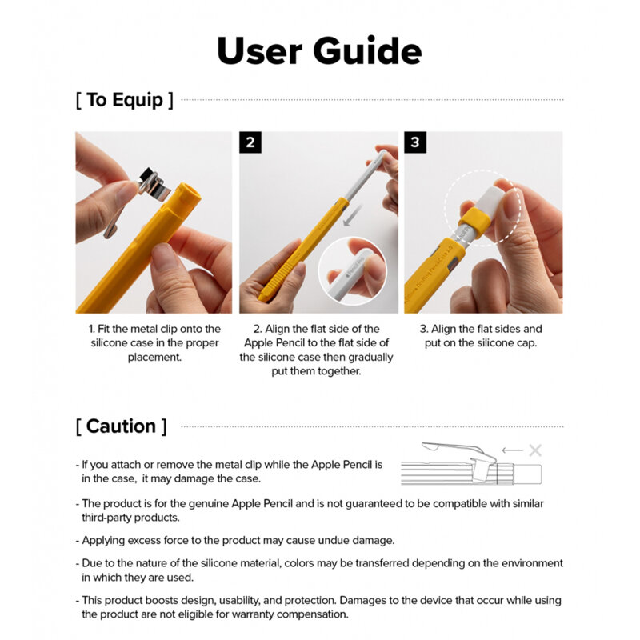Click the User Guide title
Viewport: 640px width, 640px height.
(319, 50)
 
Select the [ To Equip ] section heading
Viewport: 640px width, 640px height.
(124, 100)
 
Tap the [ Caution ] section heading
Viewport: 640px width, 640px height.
(122, 426)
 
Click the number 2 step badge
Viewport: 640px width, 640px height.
(250, 142)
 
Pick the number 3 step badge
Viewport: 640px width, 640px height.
(415, 142)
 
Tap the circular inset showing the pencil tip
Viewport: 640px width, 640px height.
(353, 270)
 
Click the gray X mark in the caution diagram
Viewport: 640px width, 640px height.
(534, 450)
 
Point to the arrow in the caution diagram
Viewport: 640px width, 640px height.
(511, 450)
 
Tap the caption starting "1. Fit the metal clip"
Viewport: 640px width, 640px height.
(154, 342)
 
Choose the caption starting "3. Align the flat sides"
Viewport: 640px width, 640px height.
(482, 335)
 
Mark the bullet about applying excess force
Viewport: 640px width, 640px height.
(238, 540)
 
